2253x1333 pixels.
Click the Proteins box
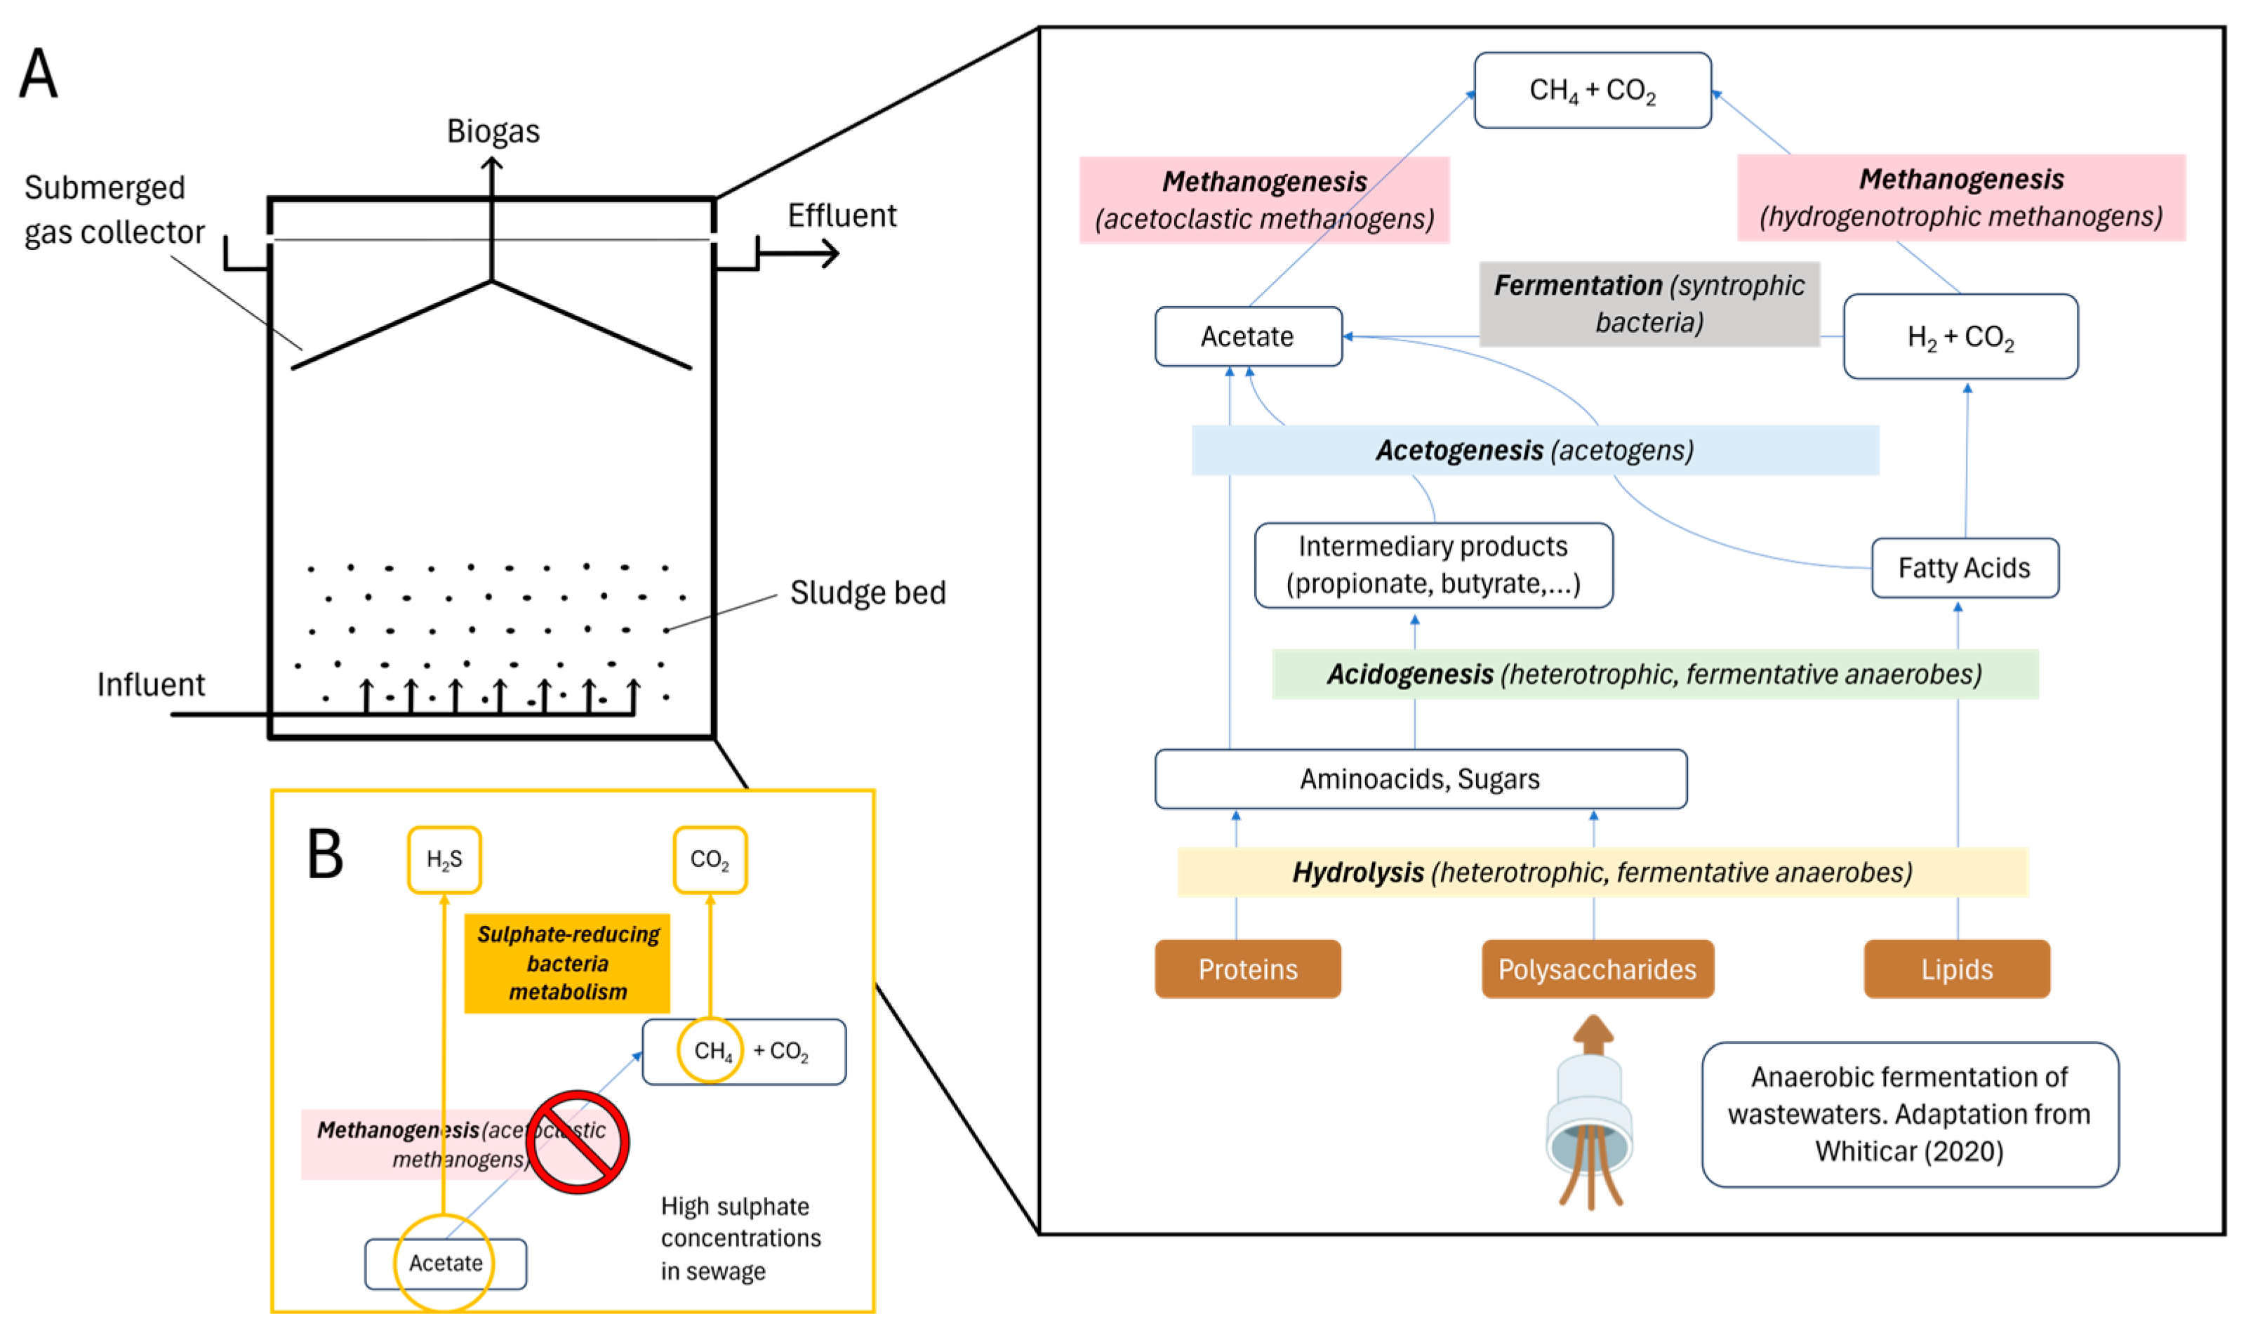[x=1247, y=969]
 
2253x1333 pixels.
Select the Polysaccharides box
[x=1597, y=969]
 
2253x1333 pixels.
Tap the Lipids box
[x=1957, y=969]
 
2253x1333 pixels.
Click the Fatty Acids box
[x=1964, y=568]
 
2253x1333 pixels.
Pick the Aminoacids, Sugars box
[x=1420, y=778]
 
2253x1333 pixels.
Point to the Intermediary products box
[x=1433, y=565]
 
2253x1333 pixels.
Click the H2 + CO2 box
[x=1960, y=337]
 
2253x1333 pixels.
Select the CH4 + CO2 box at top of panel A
[x=1592, y=90]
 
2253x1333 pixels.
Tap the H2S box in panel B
[x=444, y=860]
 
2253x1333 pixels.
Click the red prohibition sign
[x=578, y=1141]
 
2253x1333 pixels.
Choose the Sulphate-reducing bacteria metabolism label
[x=568, y=963]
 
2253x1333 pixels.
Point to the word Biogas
[x=493, y=131]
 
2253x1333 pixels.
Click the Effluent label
[x=842, y=215]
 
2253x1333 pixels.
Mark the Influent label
[x=151, y=684]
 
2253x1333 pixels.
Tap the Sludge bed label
[x=868, y=593]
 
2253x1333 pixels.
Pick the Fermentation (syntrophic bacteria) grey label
[x=1649, y=304]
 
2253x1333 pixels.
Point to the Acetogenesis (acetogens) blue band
[x=1534, y=450]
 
